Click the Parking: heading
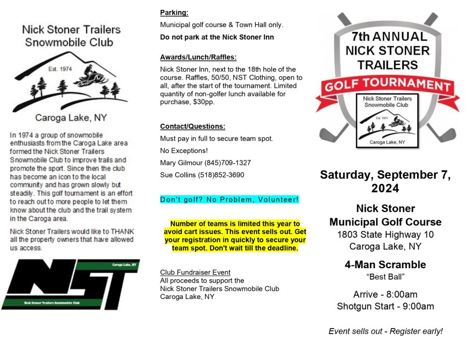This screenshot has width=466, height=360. (174, 12)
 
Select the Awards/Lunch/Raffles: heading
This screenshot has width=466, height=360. (198, 57)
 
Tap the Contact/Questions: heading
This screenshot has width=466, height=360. (192, 126)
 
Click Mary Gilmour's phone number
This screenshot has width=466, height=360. (228, 163)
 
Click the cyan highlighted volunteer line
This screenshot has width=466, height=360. (229, 199)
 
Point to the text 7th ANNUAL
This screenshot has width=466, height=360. (389, 37)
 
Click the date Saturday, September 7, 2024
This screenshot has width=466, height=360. (385, 181)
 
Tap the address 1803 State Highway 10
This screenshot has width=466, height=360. (385, 234)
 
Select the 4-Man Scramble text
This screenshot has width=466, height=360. (385, 264)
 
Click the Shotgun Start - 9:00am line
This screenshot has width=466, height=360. (385, 306)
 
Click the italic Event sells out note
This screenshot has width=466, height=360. (385, 331)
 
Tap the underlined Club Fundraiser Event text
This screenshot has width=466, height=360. (195, 272)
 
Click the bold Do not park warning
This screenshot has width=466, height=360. (217, 37)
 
